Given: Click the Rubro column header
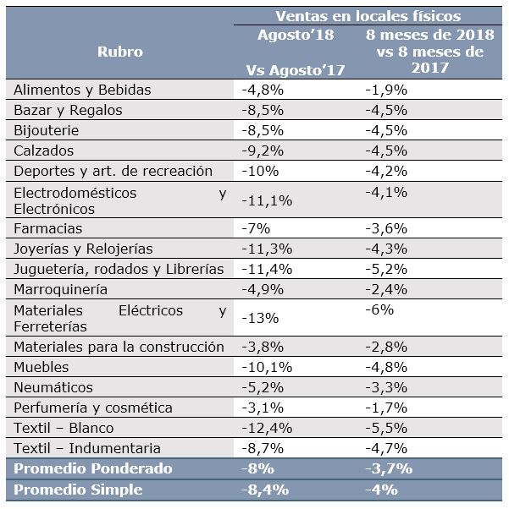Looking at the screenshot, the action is coord(120,52).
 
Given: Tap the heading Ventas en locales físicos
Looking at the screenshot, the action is coord(368,16).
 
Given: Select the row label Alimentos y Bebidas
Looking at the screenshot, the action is coord(82,90).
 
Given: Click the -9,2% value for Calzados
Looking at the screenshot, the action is coord(263,151).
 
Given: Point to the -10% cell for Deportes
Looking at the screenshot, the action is coord(260,171).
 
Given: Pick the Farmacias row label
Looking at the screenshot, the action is coord(47,228).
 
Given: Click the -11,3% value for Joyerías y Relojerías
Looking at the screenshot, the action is coord(267,249).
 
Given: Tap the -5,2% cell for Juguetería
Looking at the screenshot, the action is coord(386,269).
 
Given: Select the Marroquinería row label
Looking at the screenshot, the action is coord(60,289).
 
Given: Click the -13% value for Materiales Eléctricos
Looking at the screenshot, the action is coord(260,318).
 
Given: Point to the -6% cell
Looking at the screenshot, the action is coord(379,309).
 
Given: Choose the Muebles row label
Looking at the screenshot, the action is coord(41,368).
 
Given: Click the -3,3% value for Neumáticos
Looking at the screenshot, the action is coord(386,387).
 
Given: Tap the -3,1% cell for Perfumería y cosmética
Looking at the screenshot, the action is coord(263,408).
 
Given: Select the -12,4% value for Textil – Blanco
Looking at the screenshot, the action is coord(267,428).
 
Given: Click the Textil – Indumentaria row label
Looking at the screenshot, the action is coord(87,448).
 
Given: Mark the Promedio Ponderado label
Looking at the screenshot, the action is coord(93,468).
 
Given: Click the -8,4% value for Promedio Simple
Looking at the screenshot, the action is coord(265,490).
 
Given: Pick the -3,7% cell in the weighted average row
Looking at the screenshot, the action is coord(389,468).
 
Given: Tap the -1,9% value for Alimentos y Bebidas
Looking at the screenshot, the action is coord(386,90).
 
